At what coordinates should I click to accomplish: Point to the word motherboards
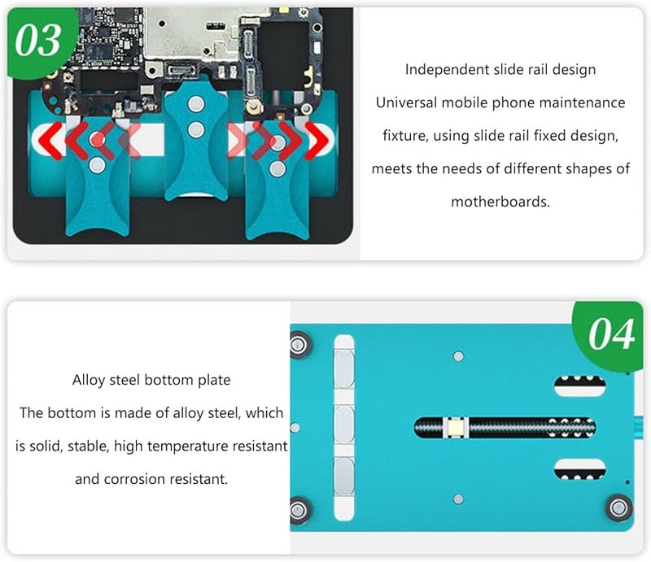(500, 200)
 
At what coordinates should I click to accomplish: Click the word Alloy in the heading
(88, 380)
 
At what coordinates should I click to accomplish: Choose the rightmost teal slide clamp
(277, 183)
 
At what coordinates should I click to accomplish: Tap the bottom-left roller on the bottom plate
(300, 510)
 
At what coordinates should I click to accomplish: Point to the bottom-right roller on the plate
(618, 508)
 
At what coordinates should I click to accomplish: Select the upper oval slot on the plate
(579, 386)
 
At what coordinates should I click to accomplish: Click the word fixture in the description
(406, 136)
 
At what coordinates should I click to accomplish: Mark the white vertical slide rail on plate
(343, 425)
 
